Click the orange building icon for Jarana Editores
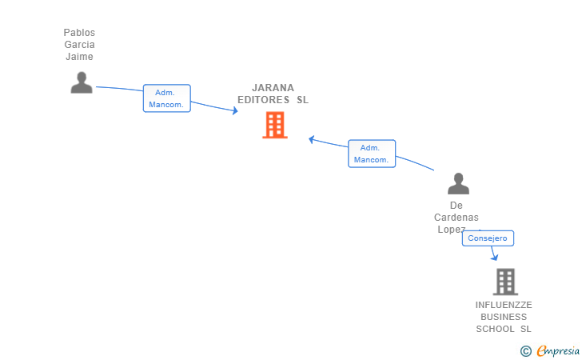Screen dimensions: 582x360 click(275, 125)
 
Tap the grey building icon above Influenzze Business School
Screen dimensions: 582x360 click(505, 282)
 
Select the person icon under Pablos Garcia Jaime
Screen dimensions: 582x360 click(82, 82)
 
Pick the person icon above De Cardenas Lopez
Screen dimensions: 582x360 click(458, 183)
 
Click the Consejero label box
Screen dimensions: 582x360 click(488, 238)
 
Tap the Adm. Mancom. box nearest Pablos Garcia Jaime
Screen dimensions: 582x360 click(166, 98)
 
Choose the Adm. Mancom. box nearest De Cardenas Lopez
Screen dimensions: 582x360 click(372, 154)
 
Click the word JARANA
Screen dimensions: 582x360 click(273, 88)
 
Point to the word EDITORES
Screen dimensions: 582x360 click(264, 99)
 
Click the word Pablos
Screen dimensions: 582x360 click(79, 33)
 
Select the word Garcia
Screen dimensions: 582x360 click(79, 45)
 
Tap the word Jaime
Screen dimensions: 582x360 click(79, 57)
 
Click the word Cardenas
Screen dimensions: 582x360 click(456, 218)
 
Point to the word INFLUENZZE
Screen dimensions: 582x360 click(504, 305)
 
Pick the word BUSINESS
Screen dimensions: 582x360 click(504, 317)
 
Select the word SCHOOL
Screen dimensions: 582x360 click(495, 329)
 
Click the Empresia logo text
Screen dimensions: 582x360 click(558, 350)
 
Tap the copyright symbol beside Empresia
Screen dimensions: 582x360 click(525, 351)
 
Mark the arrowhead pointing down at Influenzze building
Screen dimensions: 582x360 click(494, 257)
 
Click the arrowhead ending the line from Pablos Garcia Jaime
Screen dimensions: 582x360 click(234, 110)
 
